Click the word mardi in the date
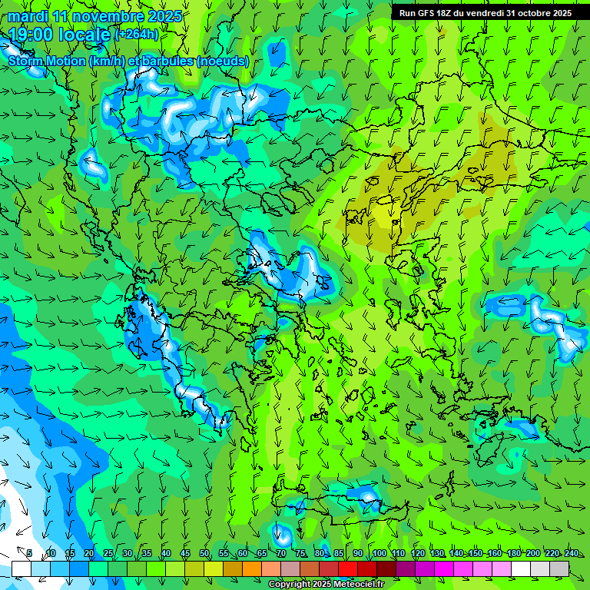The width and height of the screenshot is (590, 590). click(28, 16)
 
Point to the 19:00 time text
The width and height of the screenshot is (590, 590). click(34, 35)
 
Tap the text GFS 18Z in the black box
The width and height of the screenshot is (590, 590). click(435, 12)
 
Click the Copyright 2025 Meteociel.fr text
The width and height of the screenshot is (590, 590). click(325, 585)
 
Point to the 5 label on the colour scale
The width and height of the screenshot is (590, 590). click(29, 554)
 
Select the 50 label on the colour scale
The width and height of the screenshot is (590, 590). click(204, 554)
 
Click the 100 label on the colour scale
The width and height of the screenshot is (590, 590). click(379, 554)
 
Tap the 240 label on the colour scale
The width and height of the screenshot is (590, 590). click(572, 554)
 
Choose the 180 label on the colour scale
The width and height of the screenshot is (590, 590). click(513, 554)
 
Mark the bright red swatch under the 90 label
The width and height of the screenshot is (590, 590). click(348, 568)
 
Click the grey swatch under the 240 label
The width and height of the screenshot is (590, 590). click(559, 568)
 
